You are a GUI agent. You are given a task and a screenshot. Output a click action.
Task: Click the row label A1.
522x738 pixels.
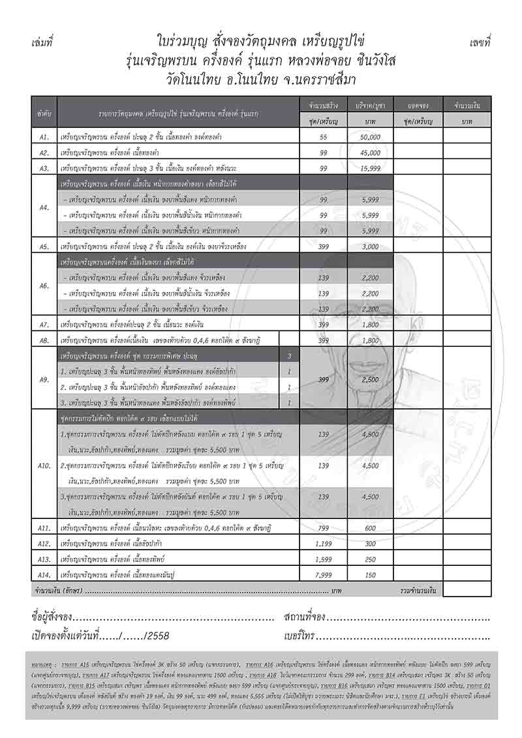[44, 138]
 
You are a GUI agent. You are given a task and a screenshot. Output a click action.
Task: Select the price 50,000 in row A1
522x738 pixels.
[369, 138]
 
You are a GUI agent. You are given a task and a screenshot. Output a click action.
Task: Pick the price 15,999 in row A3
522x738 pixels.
[369, 168]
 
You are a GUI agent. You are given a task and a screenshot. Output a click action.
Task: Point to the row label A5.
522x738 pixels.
[44, 246]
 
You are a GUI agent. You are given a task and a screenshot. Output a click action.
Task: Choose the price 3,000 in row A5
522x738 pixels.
[369, 246]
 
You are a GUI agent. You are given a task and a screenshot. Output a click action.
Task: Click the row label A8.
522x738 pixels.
[44, 340]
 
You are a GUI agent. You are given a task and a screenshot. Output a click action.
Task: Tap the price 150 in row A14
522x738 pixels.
[369, 574]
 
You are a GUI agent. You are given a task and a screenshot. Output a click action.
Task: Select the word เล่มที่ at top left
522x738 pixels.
[42, 42]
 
